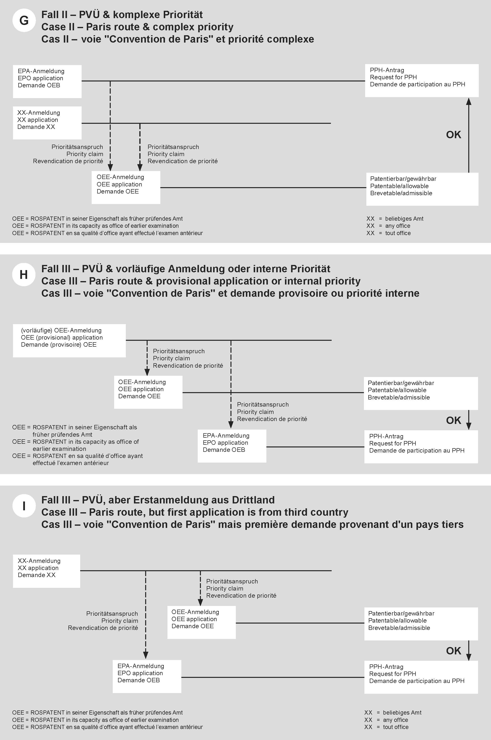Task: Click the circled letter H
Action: coord(24,274)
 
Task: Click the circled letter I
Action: coord(24,506)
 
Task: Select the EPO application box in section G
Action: coord(47,81)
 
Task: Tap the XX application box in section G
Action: coord(47,123)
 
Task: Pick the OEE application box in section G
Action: coord(126,187)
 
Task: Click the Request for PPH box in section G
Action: coord(422,80)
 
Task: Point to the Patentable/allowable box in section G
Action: coord(422,189)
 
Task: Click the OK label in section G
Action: coord(453,135)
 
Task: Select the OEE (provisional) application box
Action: coord(69,341)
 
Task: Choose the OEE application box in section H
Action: coord(148,392)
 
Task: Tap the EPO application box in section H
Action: coord(232,446)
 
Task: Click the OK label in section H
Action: coord(453,420)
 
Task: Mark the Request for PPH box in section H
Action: coord(421,447)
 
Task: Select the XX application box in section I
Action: coord(46,571)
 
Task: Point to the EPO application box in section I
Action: coord(147,676)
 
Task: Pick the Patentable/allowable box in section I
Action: coord(421,624)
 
